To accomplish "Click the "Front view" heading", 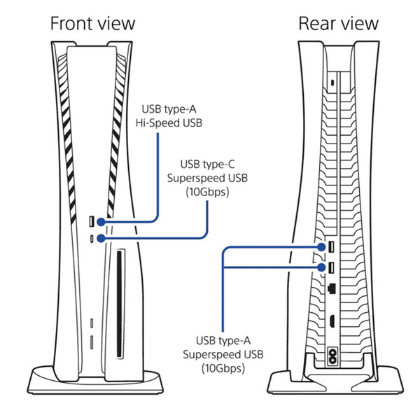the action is pyautogui.click(x=92, y=24).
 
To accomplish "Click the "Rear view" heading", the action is pyautogui.click(x=338, y=24).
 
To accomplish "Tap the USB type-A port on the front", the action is pyautogui.click(x=92, y=221).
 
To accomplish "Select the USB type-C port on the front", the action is pyautogui.click(x=92, y=239).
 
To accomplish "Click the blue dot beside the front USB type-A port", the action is pyautogui.click(x=101, y=222).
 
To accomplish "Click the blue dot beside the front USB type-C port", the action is pyautogui.click(x=101, y=238).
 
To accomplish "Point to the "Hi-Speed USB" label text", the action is pyautogui.click(x=169, y=123).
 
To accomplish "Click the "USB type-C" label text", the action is pyautogui.click(x=207, y=164).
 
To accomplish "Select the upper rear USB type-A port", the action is pyautogui.click(x=331, y=246).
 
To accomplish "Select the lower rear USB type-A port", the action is pyautogui.click(x=331, y=267).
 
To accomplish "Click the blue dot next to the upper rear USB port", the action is pyautogui.click(x=321, y=247).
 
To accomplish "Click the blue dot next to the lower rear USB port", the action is pyautogui.click(x=321, y=267).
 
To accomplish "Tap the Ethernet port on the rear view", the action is pyautogui.click(x=332, y=288).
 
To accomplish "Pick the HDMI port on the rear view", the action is pyautogui.click(x=332, y=321).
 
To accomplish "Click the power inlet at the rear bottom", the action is pyautogui.click(x=332, y=356).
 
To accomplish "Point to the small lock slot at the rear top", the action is pyautogui.click(x=332, y=83).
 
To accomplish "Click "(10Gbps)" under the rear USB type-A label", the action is pyautogui.click(x=223, y=368).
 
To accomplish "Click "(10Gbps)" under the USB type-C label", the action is pyautogui.click(x=207, y=192).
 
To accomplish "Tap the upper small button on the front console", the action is pyautogui.click(x=92, y=323).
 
